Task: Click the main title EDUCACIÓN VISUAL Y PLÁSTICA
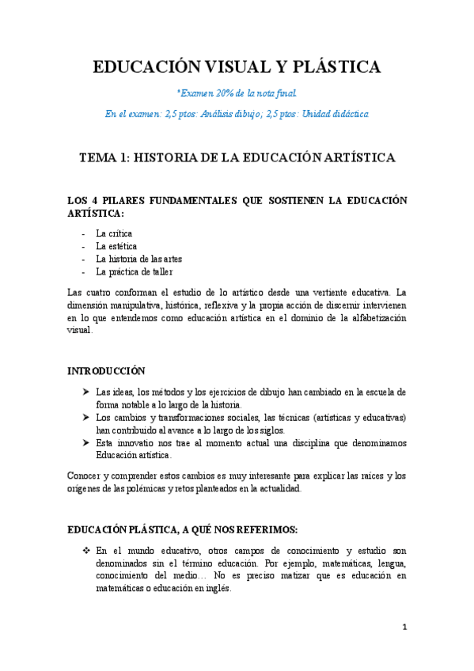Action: click(237, 67)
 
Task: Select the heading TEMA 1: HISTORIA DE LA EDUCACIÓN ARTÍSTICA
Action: click(237, 158)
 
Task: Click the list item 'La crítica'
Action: click(114, 233)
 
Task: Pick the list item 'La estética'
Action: click(116, 246)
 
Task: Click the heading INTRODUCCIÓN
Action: click(107, 370)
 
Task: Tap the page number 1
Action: click(404, 628)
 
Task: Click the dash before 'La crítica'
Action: click(83, 233)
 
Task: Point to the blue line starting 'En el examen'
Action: click(237, 114)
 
